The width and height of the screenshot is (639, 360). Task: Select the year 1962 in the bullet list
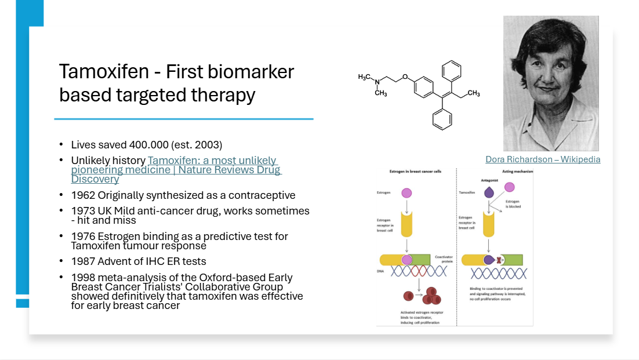coord(82,195)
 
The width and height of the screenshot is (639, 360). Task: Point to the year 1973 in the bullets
coord(82,210)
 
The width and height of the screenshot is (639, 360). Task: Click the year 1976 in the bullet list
coord(82,236)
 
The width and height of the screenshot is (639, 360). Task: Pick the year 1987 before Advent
coord(82,261)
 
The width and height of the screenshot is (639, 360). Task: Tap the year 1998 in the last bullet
coord(82,277)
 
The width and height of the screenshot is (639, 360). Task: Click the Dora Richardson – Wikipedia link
coord(543,159)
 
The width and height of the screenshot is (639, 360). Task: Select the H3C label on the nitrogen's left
coord(364,77)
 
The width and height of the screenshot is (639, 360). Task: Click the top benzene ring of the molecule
coord(451,72)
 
